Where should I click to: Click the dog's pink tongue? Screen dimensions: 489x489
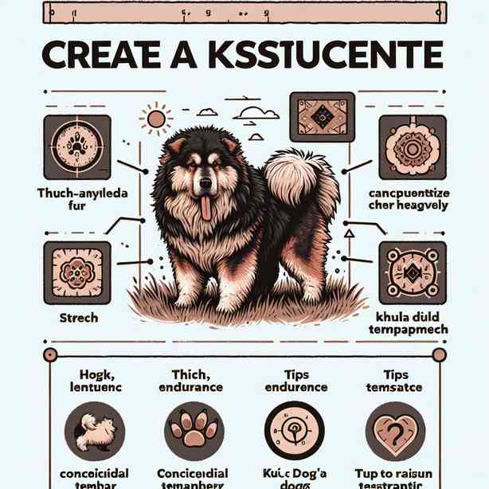206,208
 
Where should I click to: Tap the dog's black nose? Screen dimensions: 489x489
206,183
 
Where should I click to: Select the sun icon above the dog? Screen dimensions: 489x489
156,119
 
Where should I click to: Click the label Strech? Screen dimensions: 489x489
77,318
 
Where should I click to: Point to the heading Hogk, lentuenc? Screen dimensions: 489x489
87,380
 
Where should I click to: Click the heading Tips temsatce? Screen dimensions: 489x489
395,380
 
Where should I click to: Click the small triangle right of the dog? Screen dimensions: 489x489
348,234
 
